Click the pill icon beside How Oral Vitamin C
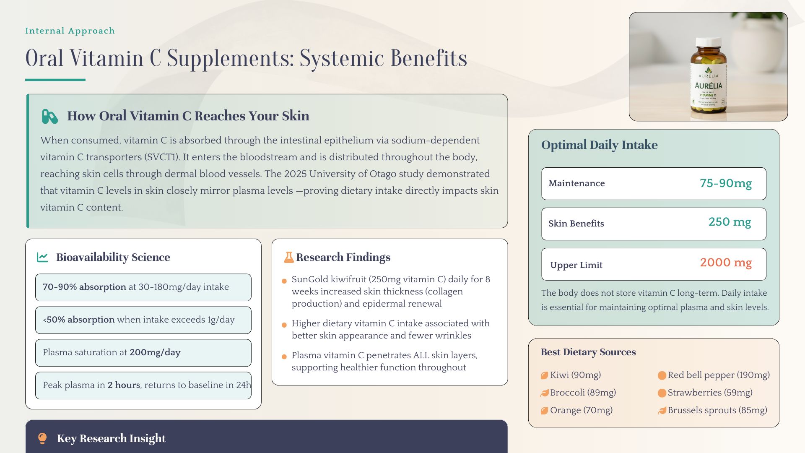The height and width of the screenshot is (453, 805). (x=49, y=116)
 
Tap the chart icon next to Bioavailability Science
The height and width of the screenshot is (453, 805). (x=42, y=257)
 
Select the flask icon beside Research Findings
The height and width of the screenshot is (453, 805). (x=288, y=257)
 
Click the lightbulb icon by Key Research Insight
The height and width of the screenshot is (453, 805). (x=42, y=438)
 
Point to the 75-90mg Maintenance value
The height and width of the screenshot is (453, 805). (x=725, y=183)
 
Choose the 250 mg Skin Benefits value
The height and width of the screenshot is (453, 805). (x=730, y=222)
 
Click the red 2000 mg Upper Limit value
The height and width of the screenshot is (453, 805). (x=725, y=263)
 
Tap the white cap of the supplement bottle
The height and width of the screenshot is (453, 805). (x=709, y=42)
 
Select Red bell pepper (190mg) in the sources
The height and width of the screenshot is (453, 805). (x=718, y=375)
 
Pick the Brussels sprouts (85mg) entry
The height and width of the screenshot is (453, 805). (x=717, y=410)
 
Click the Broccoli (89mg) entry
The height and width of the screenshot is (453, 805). (x=583, y=393)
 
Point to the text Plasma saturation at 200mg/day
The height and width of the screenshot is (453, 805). (x=112, y=352)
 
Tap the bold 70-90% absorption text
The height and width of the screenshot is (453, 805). (x=84, y=287)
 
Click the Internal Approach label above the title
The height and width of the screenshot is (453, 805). (x=70, y=31)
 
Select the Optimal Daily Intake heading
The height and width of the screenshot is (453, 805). (x=599, y=145)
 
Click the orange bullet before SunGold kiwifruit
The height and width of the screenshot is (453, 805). (x=284, y=281)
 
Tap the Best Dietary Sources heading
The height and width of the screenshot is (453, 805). (x=588, y=352)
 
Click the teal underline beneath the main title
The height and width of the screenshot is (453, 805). (x=55, y=80)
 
